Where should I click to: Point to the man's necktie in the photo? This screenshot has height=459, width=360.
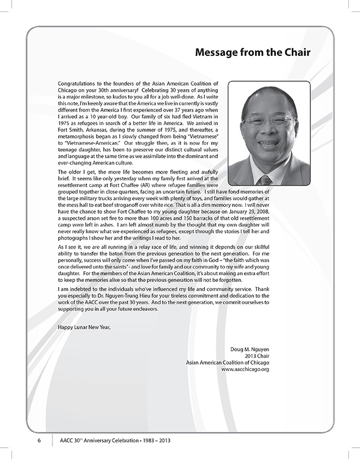265,180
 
